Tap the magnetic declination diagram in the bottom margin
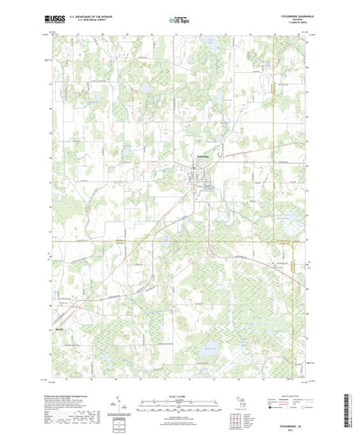[x=118, y=383]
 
